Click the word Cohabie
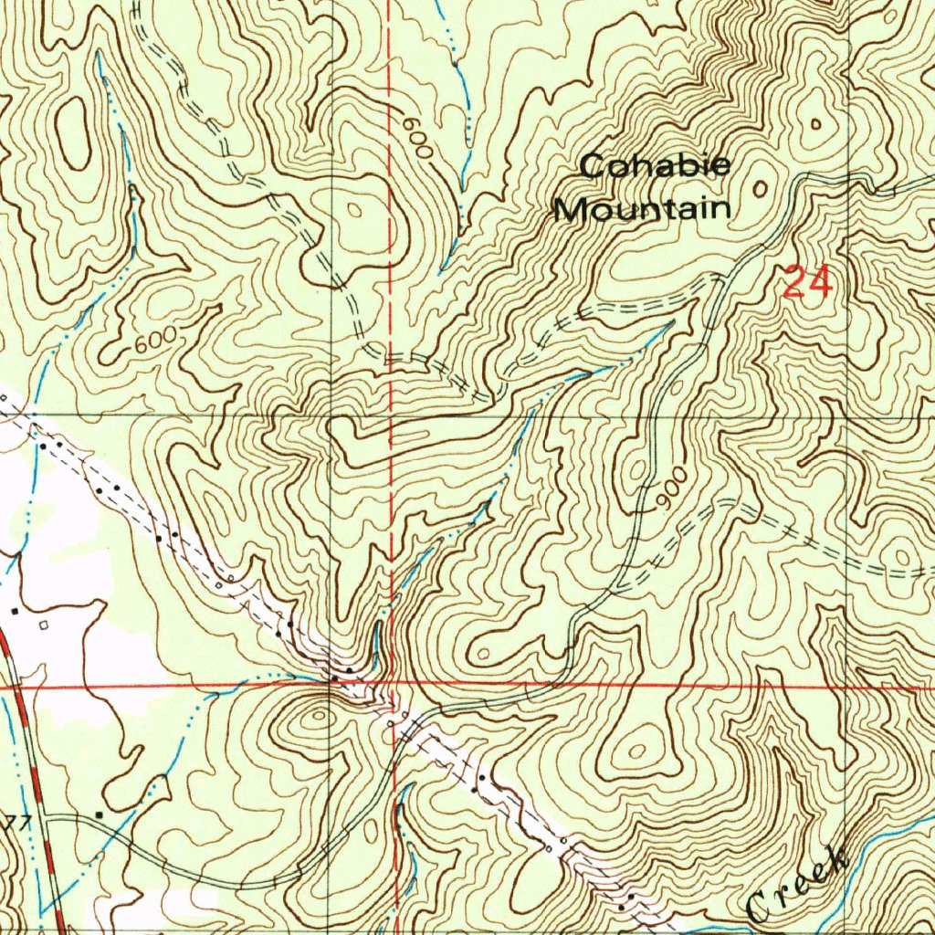[656, 166]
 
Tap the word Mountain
[643, 209]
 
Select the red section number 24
[808, 282]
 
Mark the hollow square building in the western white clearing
[44, 625]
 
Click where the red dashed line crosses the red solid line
[391, 684]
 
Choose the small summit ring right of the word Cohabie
[761, 188]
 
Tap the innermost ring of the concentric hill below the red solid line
[319, 718]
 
